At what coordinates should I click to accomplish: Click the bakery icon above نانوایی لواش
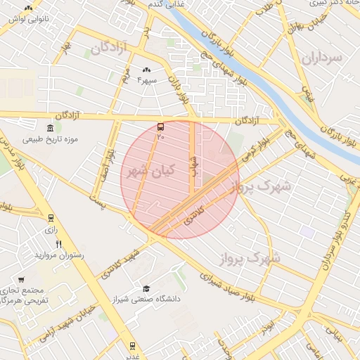tap(28, 8)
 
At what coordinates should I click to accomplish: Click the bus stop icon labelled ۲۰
tap(161, 127)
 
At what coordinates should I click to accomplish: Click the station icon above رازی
tap(51, 218)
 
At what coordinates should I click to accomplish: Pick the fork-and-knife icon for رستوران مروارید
tap(59, 244)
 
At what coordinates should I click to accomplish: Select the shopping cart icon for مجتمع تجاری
tap(22, 279)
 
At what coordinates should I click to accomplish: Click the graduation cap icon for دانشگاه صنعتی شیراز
tap(146, 288)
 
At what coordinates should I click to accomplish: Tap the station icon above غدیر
tap(131, 345)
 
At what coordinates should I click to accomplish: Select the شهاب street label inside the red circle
tap(195, 166)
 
